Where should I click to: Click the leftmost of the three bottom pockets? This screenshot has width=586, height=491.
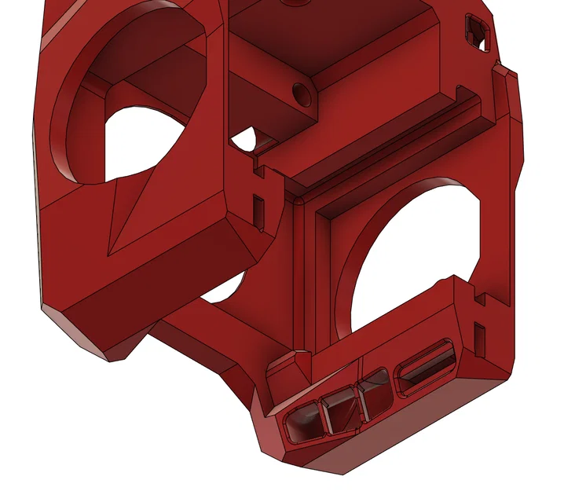tap(303, 422)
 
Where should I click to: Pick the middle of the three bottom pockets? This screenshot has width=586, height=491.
tap(341, 409)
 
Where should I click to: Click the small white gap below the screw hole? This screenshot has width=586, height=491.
tap(244, 141)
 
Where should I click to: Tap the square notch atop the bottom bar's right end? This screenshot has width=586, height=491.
tap(478, 297)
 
